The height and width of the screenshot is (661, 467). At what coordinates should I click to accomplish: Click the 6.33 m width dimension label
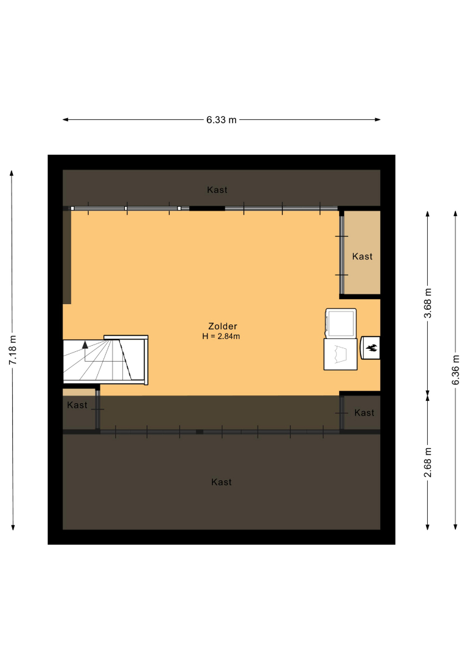coord(222,120)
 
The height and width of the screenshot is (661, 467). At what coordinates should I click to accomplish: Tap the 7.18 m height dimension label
coord(13,350)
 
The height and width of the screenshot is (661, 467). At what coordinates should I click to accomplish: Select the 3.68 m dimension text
coord(427,303)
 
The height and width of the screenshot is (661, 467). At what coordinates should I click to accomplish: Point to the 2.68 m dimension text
coord(427,463)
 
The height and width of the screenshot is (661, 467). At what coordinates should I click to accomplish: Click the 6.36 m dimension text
coord(455,370)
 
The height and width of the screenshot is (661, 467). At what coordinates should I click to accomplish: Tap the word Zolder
coord(223,326)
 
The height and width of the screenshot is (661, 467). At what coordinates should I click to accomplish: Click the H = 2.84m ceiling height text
coord(222,337)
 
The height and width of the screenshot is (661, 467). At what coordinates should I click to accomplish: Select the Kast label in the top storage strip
coord(217,190)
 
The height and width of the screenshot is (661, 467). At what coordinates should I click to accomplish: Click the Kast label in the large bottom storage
coord(222,482)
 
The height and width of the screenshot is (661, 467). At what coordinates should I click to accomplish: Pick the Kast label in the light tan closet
coord(362,256)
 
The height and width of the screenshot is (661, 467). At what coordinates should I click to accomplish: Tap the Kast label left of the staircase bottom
coord(77,405)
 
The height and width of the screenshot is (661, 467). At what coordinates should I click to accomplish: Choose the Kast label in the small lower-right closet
coord(364,413)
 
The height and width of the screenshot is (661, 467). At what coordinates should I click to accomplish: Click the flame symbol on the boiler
coord(372,348)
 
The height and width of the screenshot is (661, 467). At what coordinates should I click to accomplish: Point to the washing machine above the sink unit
coord(340,323)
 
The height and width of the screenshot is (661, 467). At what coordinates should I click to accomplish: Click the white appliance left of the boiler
coord(340,354)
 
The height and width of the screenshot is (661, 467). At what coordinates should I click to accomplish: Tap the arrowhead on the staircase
coord(85,345)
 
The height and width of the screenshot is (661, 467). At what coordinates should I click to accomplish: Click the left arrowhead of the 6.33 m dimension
coord(65,120)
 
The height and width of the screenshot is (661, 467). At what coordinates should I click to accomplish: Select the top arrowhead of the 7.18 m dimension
coord(12,173)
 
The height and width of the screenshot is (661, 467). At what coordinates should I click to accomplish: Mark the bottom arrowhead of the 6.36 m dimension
coord(455,526)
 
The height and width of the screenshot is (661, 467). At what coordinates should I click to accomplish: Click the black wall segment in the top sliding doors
coord(207,208)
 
